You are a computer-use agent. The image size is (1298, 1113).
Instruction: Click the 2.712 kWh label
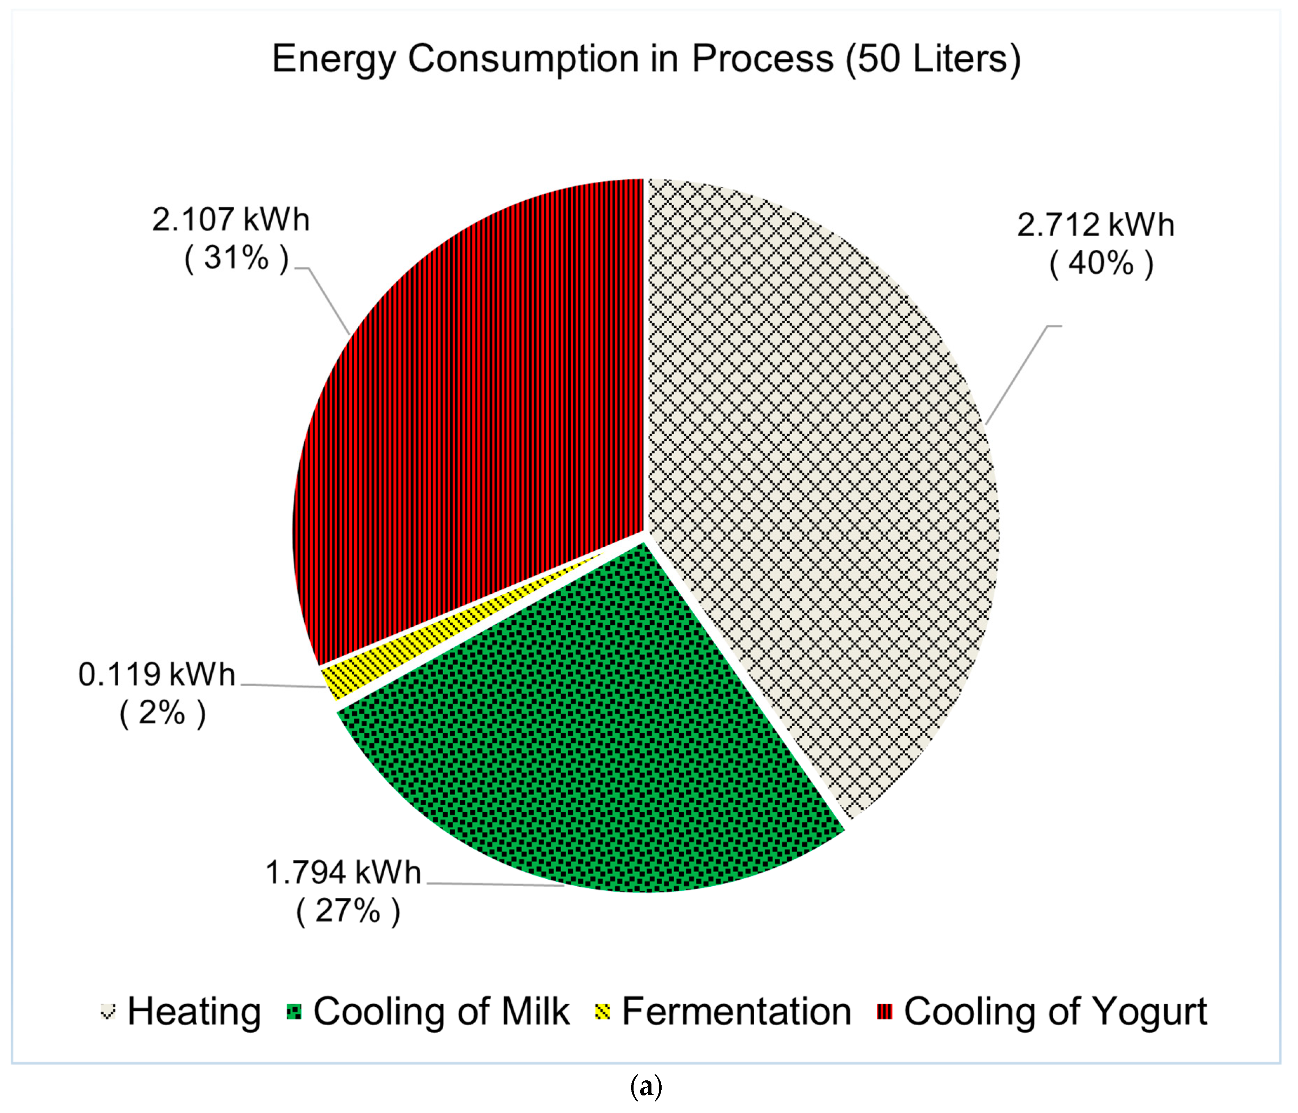coord(1095,226)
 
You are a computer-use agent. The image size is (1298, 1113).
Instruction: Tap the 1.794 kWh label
coord(343,873)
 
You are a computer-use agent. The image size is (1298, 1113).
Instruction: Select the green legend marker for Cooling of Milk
coord(294,1012)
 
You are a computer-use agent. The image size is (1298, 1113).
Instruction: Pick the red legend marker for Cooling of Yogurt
coord(884,1012)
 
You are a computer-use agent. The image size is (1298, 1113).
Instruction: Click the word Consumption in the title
coord(523,60)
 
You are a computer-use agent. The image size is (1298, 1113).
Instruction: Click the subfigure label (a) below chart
coord(645,1087)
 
